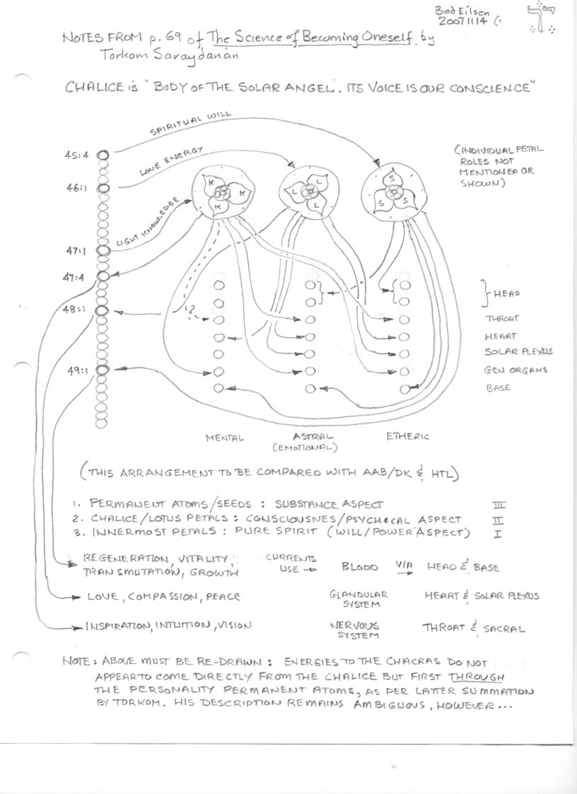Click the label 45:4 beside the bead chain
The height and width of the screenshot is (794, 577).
(x=76, y=156)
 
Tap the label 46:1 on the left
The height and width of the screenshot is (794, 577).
(x=76, y=191)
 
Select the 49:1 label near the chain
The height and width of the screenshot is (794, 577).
(x=77, y=370)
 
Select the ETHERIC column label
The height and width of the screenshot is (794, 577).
(x=407, y=436)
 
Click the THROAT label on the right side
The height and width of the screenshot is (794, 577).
(x=501, y=318)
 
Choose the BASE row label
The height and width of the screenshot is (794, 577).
(x=498, y=388)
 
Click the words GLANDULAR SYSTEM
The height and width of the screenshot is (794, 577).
(x=349, y=600)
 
